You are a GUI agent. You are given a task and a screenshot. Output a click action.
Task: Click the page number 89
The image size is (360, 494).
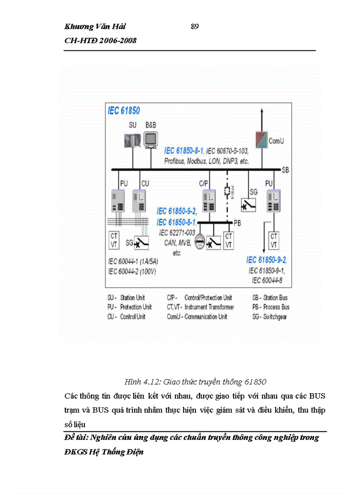[194, 27]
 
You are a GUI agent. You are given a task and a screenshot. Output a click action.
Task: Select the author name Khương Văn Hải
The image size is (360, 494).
[95, 27]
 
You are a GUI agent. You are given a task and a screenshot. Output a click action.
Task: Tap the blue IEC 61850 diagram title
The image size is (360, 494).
[123, 110]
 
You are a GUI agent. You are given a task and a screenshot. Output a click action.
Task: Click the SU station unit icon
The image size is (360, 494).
[132, 140]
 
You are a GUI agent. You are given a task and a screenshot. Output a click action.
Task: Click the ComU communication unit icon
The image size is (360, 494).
[263, 139]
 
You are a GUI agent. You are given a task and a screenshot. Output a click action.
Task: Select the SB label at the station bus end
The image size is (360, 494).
[285, 170]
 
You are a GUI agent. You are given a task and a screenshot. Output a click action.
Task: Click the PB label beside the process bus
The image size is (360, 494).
[237, 222]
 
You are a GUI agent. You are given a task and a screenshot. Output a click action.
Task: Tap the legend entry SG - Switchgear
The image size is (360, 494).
[270, 316]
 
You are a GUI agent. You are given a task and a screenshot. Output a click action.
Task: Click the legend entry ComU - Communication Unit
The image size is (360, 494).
[197, 316]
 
